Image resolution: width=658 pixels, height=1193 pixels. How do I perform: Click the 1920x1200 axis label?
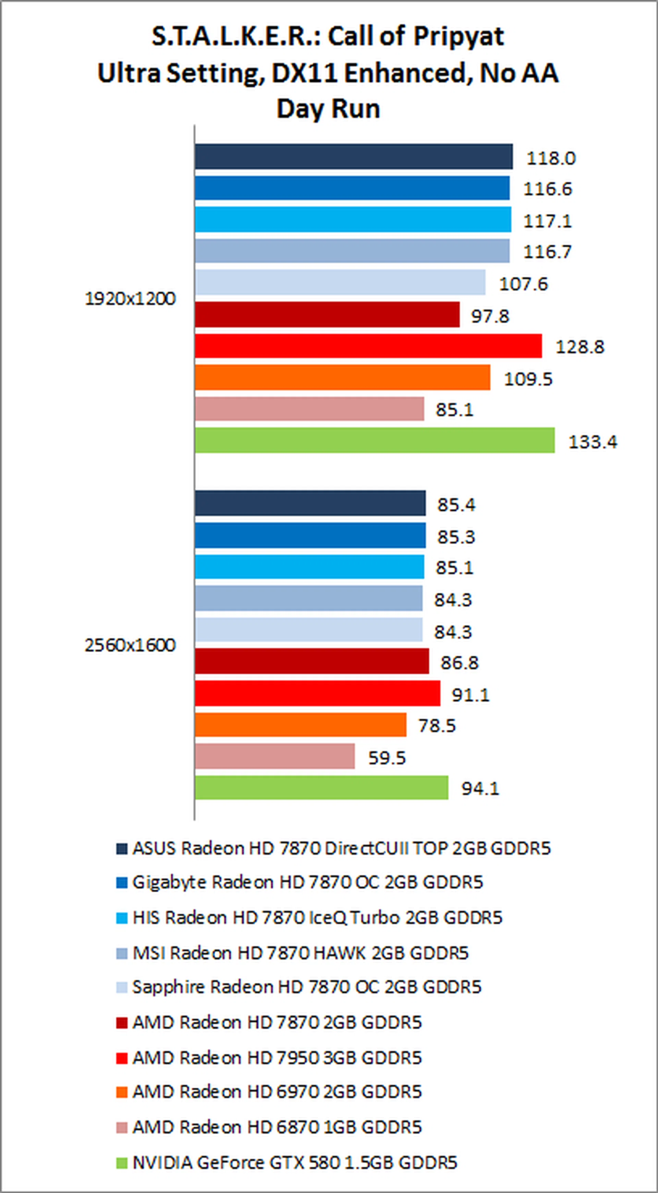point(130,299)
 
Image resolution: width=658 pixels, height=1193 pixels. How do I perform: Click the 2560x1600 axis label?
point(130,645)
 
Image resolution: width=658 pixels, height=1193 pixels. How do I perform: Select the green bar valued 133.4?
point(375,440)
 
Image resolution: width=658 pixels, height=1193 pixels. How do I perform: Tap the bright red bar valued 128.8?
point(368,346)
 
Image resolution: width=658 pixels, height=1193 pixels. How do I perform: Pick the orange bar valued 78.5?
point(300,725)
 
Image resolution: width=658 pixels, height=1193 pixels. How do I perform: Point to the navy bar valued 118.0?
point(354,157)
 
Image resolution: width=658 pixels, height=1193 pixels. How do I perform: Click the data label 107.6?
point(523,284)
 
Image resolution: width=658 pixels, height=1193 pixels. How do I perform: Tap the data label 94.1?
point(480,788)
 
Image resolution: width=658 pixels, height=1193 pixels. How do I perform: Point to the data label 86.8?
point(459,663)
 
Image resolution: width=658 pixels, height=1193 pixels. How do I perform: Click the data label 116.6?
point(547,189)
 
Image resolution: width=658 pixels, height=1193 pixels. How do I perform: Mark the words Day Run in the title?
point(328,109)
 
